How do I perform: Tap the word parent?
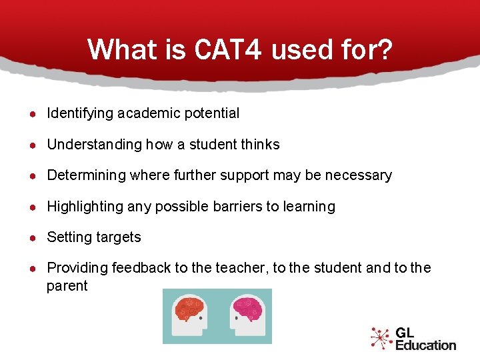[x=67, y=286]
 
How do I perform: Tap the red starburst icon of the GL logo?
[x=381, y=338]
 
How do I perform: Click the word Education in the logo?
[x=425, y=345]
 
